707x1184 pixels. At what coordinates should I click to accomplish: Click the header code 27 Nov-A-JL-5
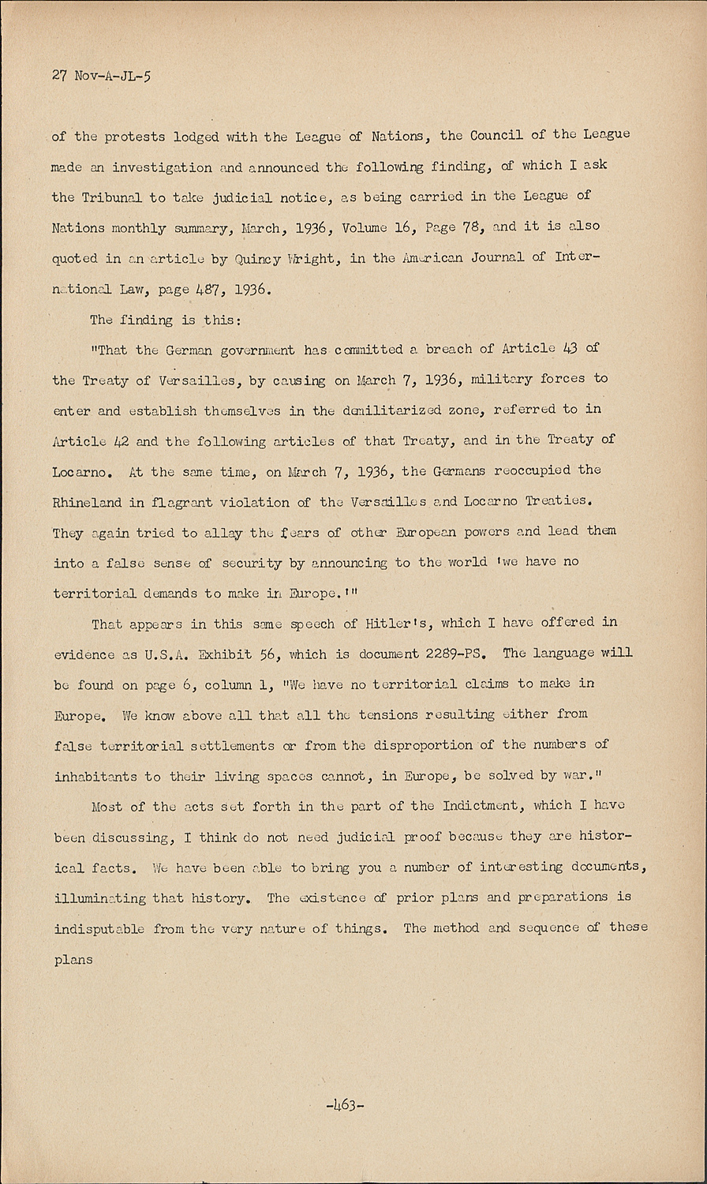[x=100, y=78]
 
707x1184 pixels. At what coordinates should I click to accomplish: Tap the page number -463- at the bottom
[x=345, y=1104]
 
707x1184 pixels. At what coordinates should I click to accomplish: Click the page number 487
[x=208, y=288]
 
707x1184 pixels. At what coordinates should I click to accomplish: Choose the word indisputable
[x=99, y=928]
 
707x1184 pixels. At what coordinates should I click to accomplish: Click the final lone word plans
[x=73, y=960]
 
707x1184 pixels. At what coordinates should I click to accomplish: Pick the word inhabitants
[x=95, y=776]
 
